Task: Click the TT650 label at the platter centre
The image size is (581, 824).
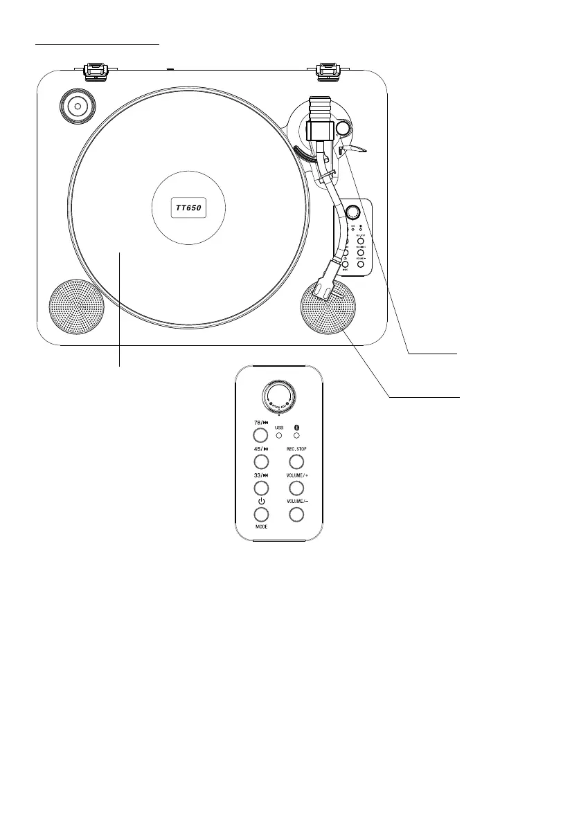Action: (x=190, y=207)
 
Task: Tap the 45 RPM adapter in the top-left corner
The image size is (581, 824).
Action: (x=76, y=107)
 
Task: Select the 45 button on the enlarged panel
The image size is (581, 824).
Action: (x=260, y=461)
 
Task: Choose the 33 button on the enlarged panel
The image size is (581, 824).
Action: (x=260, y=488)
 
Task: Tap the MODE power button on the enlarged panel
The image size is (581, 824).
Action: (x=260, y=514)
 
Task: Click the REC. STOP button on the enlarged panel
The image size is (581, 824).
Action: (x=296, y=461)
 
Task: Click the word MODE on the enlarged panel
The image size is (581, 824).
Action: (x=261, y=527)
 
